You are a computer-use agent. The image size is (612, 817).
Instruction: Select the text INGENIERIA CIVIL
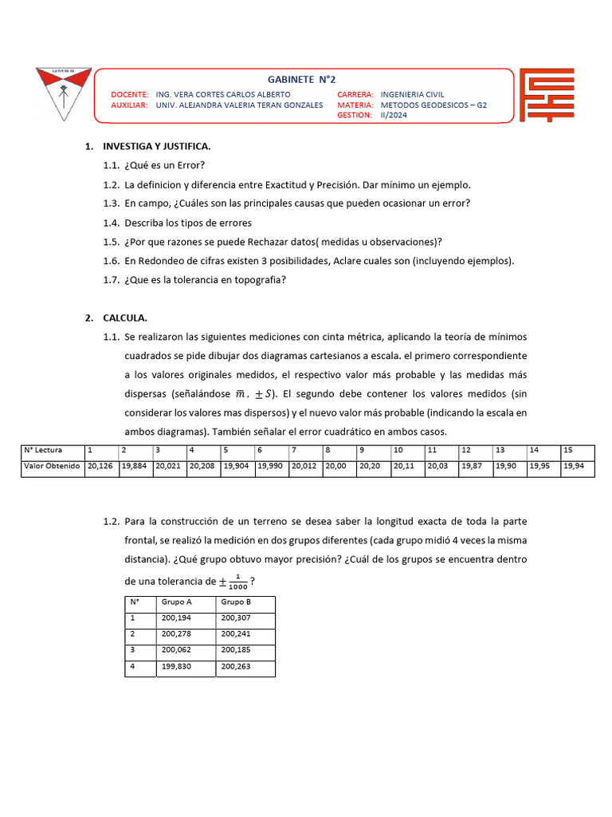click(418, 94)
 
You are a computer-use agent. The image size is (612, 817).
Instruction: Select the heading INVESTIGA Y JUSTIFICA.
click(156, 147)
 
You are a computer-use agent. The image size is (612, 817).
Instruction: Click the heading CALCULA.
click(125, 318)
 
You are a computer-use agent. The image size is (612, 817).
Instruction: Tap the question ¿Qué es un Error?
click(164, 165)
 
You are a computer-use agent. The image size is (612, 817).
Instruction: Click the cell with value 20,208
click(202, 466)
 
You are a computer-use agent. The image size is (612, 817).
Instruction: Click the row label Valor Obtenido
click(52, 466)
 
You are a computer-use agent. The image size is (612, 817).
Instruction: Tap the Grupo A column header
click(176, 602)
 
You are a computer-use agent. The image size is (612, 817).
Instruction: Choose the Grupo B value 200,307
click(237, 618)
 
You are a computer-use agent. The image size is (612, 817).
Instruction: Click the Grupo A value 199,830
click(176, 666)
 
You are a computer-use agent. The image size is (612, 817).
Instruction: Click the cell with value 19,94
click(576, 466)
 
